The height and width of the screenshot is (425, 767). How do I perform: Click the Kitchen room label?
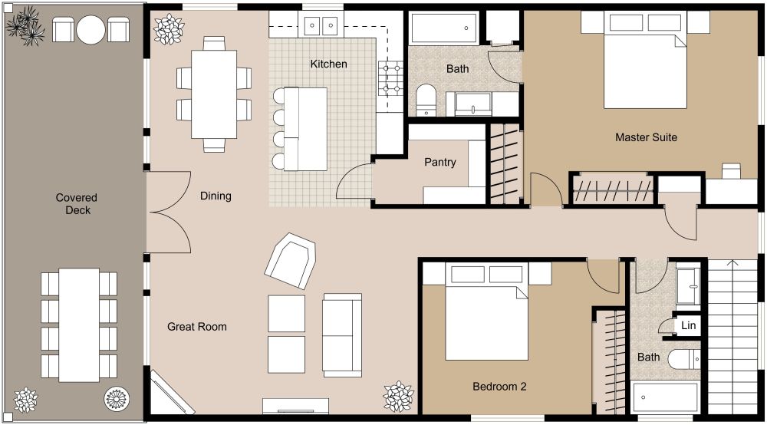[x=328, y=64]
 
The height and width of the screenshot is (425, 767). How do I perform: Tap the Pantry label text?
[x=440, y=163]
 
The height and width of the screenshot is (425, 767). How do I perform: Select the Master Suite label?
[x=646, y=138]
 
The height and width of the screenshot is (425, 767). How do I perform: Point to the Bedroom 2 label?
[x=499, y=387]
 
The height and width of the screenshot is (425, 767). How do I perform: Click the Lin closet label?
[x=688, y=326]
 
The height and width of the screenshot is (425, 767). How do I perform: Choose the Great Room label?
[x=197, y=327]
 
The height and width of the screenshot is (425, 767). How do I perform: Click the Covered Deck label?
[x=77, y=204]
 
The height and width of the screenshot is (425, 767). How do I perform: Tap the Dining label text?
[x=216, y=196]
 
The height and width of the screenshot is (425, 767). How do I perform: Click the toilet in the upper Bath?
[x=426, y=100]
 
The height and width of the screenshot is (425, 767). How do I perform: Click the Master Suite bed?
[x=644, y=69]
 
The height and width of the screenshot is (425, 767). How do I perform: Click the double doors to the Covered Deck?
[x=169, y=212]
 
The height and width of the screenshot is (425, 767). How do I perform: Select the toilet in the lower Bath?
[x=683, y=359]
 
